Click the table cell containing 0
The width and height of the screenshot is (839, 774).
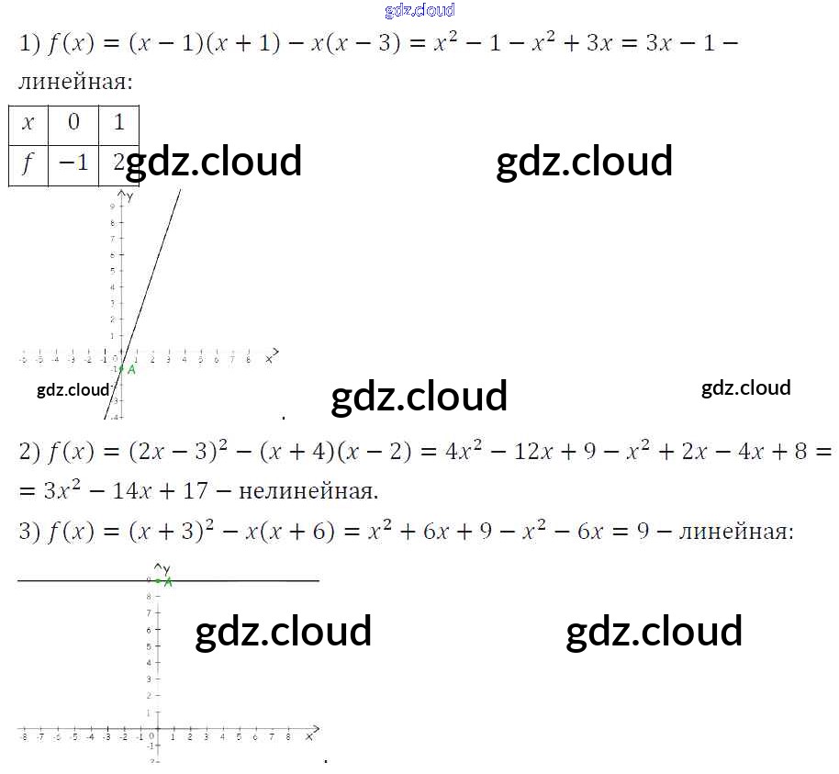pos(74,123)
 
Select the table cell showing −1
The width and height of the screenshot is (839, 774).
pos(74,163)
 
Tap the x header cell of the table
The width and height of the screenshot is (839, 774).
pos(28,123)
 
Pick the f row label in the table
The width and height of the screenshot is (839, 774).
pos(28,163)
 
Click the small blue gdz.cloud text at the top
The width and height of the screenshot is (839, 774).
pos(419,10)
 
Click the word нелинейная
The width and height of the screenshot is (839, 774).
pos(308,490)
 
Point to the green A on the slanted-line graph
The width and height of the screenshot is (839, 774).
pos(131,369)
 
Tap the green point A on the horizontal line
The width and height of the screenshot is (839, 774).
pos(168,580)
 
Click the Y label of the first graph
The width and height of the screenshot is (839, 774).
pos(131,196)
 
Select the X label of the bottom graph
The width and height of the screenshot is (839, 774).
pos(310,736)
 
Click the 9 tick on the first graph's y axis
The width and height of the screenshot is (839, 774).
pos(111,206)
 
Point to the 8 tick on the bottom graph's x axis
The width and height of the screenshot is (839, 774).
pos(288,737)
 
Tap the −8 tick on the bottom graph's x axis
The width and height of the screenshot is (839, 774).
pos(23,737)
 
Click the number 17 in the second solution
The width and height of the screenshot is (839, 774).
pos(196,490)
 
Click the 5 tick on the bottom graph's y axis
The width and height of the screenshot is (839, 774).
pos(150,646)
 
